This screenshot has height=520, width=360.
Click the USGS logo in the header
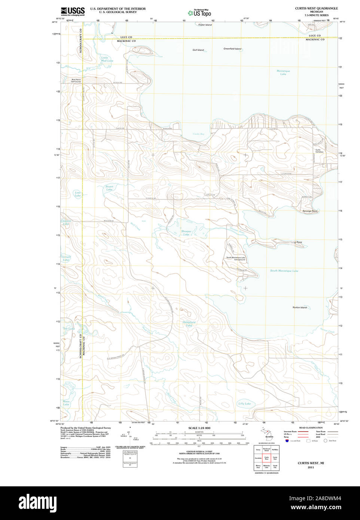(73, 11)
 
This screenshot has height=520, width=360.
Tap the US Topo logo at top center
(199, 13)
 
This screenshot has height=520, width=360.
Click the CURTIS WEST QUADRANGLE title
(316, 8)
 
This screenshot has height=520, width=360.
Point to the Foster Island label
(205, 25)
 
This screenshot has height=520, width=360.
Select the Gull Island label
(198, 50)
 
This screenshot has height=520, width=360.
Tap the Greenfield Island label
(232, 49)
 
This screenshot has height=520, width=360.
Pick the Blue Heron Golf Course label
(76, 80)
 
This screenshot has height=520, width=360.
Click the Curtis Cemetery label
(319, 151)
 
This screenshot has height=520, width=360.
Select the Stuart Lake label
(109, 188)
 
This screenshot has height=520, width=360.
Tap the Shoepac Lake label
(186, 233)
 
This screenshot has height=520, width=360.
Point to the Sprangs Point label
(310, 211)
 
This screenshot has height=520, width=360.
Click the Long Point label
(296, 242)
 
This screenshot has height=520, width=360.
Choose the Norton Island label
(299, 308)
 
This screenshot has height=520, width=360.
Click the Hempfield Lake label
(189, 324)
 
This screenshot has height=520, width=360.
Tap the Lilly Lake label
(244, 404)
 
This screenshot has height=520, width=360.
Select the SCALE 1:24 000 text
(199, 428)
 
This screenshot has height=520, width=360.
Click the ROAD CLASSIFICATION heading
(311, 428)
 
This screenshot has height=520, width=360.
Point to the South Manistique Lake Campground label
(235, 259)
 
